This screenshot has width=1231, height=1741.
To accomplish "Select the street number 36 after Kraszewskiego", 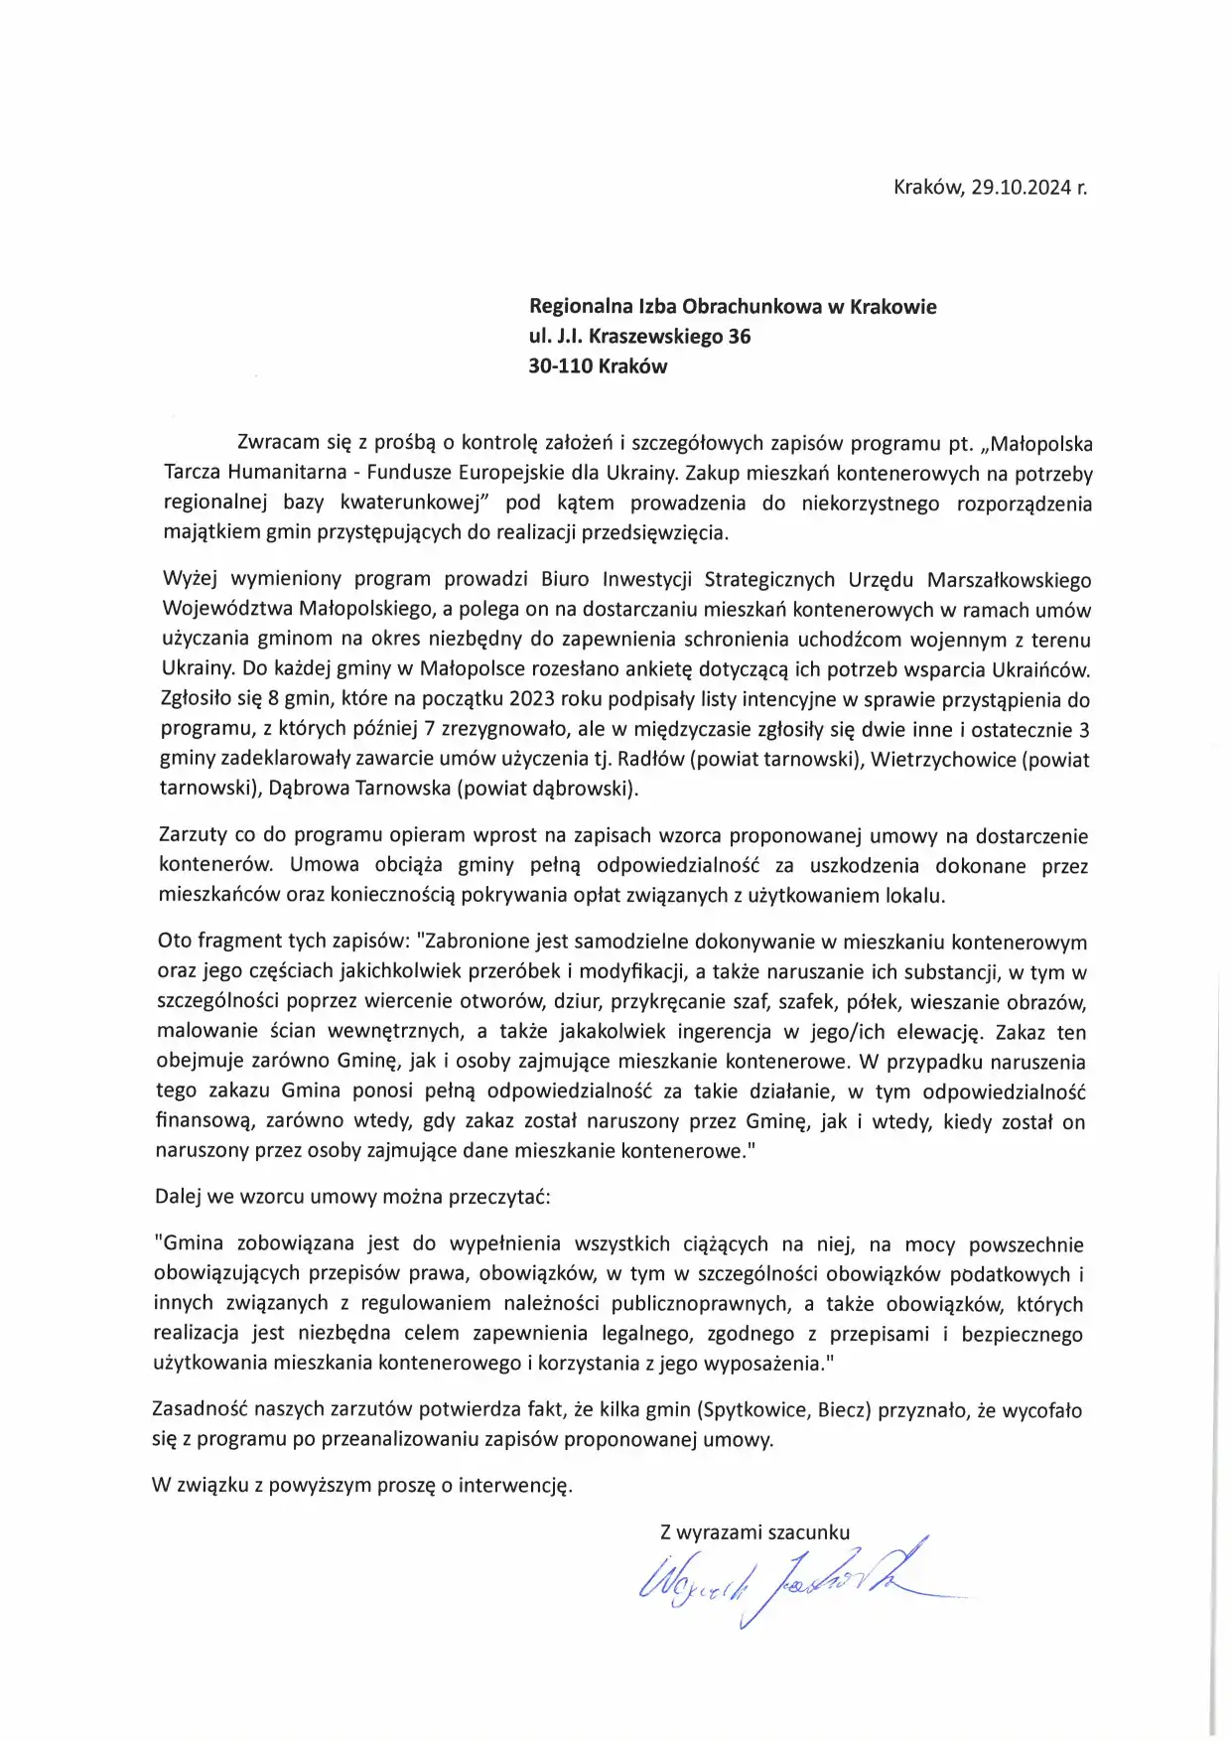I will (739, 336).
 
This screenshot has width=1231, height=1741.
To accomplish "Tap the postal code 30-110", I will (561, 365).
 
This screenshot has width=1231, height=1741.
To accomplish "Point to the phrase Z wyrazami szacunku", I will (754, 1531).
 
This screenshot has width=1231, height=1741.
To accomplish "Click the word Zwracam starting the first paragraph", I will (278, 443).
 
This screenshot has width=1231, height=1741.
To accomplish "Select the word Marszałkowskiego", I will (1008, 580).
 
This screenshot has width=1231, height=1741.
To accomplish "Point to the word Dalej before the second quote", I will (178, 1196).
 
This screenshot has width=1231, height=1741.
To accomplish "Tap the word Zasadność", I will (199, 1410).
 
